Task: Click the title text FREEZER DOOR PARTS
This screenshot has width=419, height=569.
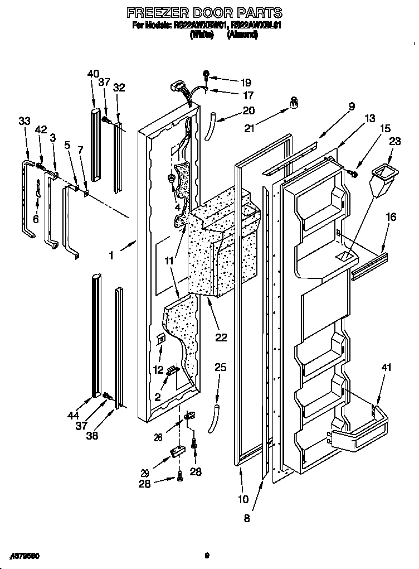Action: [x=204, y=12]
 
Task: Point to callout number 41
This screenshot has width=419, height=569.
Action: [x=386, y=368]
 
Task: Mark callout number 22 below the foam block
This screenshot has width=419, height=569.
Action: [x=221, y=337]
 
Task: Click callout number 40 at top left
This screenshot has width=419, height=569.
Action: [x=93, y=73]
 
